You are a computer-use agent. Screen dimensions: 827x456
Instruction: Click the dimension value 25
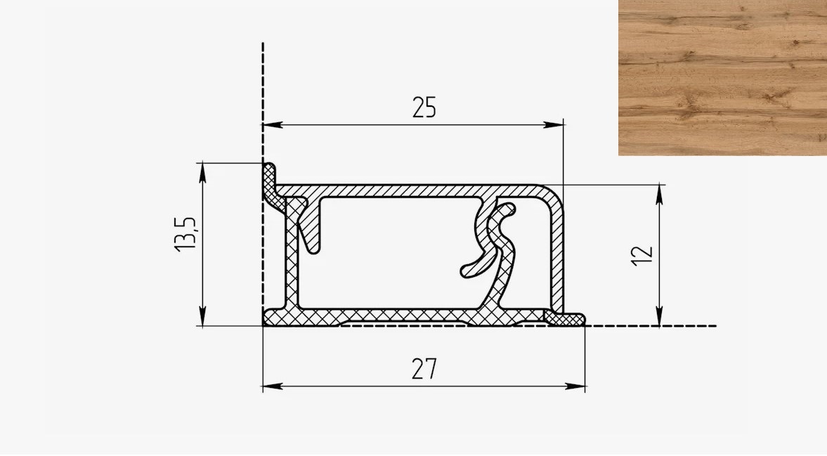tap(424, 108)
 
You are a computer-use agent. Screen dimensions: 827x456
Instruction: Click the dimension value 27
tap(424, 369)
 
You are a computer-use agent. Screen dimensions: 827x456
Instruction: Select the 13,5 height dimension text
tap(186, 234)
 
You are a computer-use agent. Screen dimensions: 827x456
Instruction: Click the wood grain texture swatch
tap(722, 77)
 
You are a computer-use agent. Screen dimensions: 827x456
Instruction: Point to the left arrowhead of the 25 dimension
tap(272, 125)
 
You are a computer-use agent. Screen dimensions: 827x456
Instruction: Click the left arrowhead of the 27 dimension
tap(272, 386)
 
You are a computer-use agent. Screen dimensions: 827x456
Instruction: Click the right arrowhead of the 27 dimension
tap(575, 386)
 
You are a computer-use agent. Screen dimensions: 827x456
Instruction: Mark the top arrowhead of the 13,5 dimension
tap(202, 173)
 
